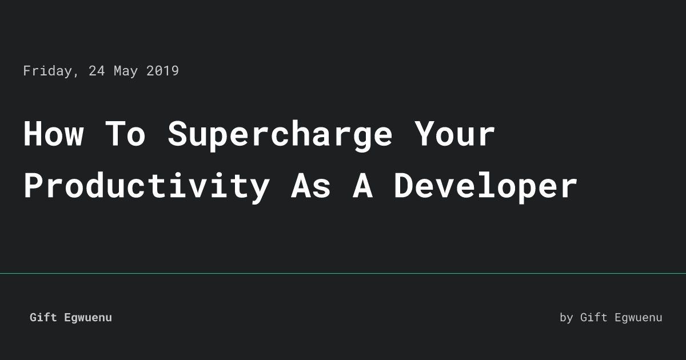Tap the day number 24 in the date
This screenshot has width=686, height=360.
(x=97, y=71)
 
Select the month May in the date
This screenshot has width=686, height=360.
(x=125, y=71)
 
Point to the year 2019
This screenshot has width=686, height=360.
(x=162, y=71)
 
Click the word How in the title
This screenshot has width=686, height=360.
(x=53, y=134)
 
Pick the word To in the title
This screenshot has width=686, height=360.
(x=125, y=134)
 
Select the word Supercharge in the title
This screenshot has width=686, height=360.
(x=280, y=134)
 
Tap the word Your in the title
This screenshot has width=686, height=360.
(x=454, y=134)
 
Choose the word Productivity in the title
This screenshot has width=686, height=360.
(x=146, y=186)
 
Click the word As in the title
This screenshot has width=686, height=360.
(x=310, y=186)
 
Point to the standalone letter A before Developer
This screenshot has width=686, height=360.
(x=362, y=186)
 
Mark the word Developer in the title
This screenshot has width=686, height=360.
(x=485, y=186)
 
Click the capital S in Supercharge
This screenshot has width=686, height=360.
(x=177, y=134)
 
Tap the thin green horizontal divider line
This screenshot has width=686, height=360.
(x=343, y=273)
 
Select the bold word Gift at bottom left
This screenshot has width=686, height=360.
(x=43, y=318)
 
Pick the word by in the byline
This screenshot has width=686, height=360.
(x=566, y=318)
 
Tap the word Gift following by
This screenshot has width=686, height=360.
(x=593, y=318)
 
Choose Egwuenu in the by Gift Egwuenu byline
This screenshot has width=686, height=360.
(x=638, y=318)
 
